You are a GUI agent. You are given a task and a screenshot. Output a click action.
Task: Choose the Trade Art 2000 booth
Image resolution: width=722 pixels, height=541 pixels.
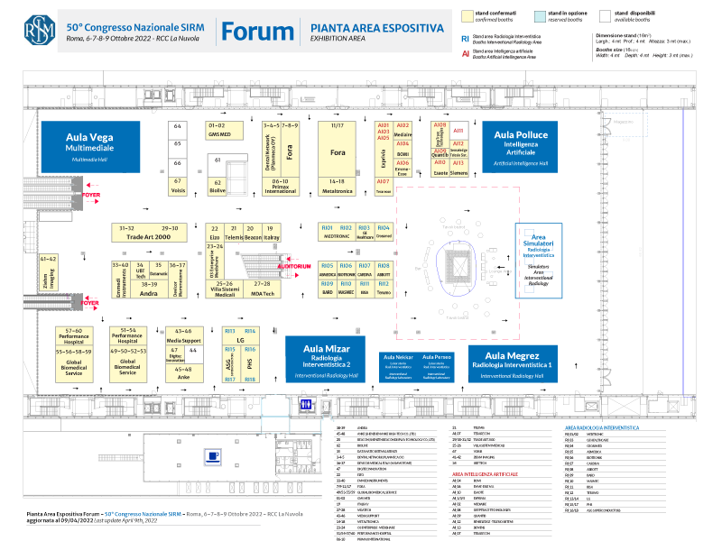pyautogui.click(x=145, y=233)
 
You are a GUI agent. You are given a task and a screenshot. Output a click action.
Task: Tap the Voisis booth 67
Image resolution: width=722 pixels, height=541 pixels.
pyautogui.click(x=178, y=185)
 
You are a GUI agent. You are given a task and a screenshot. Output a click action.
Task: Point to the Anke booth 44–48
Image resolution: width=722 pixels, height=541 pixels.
pyautogui.click(x=183, y=373)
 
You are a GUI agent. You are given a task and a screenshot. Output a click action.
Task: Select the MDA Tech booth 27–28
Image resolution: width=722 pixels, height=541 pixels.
pyautogui.click(x=262, y=289)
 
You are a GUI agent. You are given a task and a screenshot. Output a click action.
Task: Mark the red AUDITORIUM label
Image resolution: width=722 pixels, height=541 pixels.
pyautogui.click(x=294, y=266)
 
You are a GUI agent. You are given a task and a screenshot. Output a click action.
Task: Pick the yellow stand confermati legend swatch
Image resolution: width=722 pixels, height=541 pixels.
pyautogui.click(x=467, y=15)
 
